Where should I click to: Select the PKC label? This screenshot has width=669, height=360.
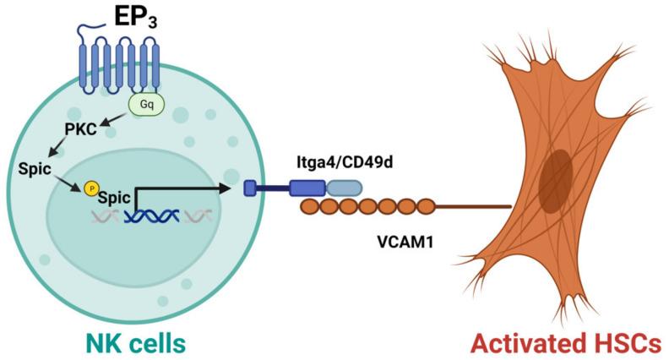pyautogui.click(x=80, y=128)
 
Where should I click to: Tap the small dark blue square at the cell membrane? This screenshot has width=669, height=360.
pyautogui.click(x=251, y=188)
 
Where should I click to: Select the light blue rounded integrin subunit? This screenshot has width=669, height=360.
pyautogui.click(x=344, y=188)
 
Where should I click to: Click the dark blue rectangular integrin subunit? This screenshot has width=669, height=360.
pyautogui.click(x=307, y=188)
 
